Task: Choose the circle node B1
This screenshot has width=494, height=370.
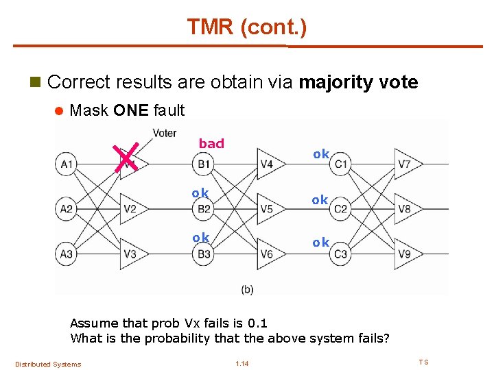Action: click(x=204, y=164)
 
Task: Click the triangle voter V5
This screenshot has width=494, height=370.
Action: click(x=268, y=208)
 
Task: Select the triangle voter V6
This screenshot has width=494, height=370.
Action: click(x=268, y=254)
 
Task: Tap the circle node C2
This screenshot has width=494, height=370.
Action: click(x=341, y=208)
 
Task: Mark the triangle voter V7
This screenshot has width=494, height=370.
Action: click(x=405, y=164)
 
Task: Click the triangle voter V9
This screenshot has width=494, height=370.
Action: click(x=405, y=254)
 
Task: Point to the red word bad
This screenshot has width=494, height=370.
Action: click(x=211, y=143)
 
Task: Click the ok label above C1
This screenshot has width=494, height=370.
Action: click(x=321, y=154)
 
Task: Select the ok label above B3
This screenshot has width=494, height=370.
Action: click(x=200, y=238)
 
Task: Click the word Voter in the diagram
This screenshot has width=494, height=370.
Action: click(x=165, y=133)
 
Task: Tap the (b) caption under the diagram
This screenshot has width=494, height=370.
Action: click(x=248, y=290)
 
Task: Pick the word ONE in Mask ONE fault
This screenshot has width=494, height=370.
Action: click(x=131, y=110)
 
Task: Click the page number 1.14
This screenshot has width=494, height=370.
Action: click(x=242, y=363)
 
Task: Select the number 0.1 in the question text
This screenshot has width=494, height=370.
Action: click(x=257, y=323)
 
